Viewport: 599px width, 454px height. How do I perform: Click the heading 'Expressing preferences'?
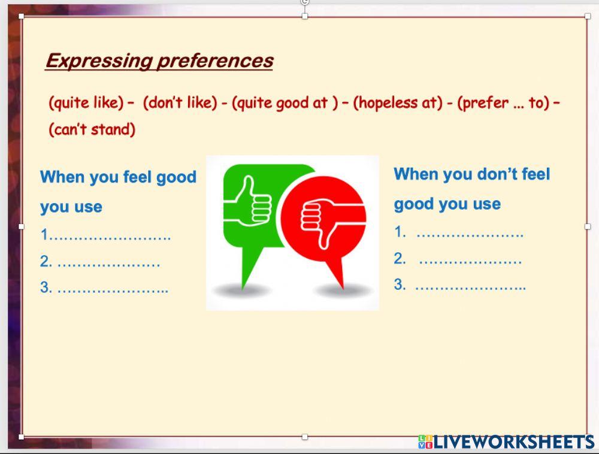(159, 61)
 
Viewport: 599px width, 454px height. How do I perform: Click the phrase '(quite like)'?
(86, 103)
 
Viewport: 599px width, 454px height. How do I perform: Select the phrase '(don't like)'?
(180, 103)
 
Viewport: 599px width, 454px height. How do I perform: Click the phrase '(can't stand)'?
(92, 129)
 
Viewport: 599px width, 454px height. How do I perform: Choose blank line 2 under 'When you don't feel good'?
(470, 260)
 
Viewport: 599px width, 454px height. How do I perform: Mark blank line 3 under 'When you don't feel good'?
(470, 286)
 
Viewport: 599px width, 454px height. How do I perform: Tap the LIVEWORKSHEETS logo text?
(513, 443)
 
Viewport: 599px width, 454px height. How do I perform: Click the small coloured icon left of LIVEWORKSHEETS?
(425, 443)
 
